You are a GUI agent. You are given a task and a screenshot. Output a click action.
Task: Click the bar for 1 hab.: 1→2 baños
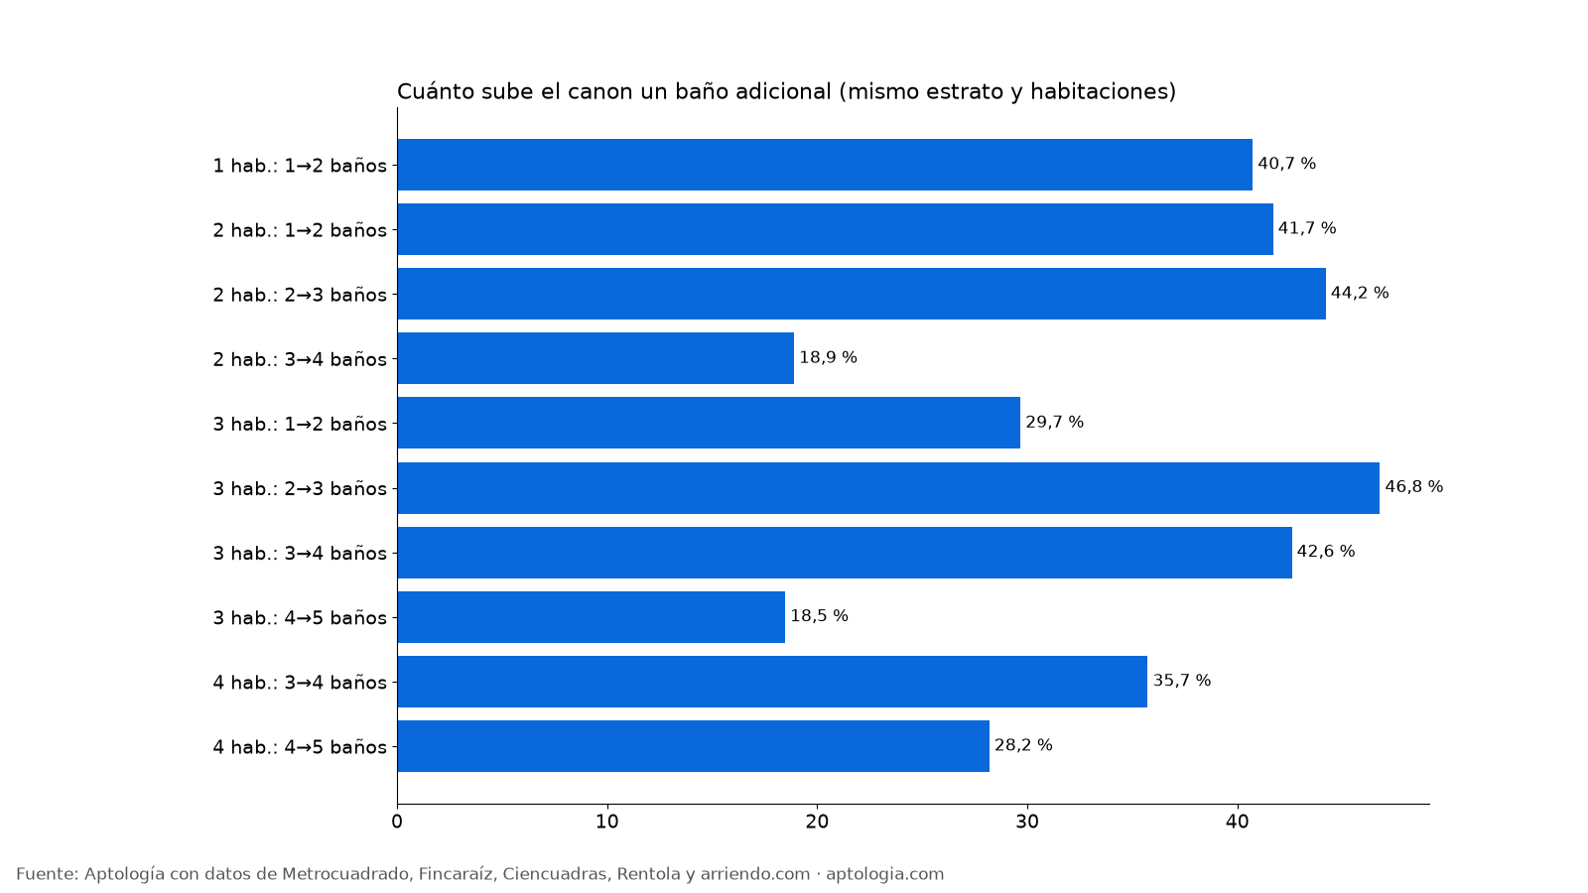(825, 165)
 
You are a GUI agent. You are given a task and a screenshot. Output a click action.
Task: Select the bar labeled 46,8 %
(888, 488)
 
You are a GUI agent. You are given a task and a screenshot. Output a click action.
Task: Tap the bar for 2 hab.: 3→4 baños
(595, 358)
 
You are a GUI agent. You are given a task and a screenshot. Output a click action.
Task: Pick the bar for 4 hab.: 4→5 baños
(694, 746)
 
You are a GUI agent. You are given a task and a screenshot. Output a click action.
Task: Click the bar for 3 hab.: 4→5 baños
(592, 617)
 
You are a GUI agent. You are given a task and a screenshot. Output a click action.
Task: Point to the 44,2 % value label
(1360, 293)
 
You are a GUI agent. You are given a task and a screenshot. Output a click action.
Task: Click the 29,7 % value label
(1055, 423)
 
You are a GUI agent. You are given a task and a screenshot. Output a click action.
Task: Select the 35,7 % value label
(1182, 681)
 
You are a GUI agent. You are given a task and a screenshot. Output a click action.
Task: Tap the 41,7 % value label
(1307, 228)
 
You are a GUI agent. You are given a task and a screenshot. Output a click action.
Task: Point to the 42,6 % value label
(1326, 552)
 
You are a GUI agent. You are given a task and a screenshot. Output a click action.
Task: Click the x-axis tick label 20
(818, 823)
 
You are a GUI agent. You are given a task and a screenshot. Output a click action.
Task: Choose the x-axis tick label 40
(1238, 823)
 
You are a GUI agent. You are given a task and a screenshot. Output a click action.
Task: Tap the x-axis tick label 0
(397, 823)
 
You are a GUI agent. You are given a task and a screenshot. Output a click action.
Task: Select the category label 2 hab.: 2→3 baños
(300, 295)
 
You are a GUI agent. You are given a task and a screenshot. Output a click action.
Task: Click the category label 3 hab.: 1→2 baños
(300, 424)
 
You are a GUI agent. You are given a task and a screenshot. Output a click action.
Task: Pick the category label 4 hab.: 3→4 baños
(300, 683)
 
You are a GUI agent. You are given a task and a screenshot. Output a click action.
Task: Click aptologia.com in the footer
(884, 874)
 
